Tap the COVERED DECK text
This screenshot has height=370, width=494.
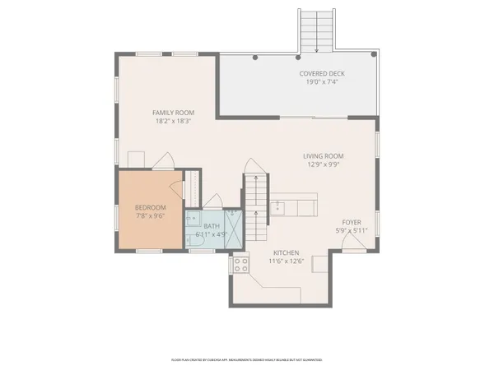point(322,74)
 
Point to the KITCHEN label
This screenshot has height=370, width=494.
point(286,252)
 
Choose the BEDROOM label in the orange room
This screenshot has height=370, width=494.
point(151,207)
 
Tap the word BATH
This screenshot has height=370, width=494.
point(212,225)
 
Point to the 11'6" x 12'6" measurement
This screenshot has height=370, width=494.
point(286,261)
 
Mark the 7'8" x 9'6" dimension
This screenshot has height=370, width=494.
point(151,217)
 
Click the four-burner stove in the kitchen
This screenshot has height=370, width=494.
point(241,264)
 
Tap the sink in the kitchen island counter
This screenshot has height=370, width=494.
point(279,206)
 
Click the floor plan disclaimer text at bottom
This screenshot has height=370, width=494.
point(246,359)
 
